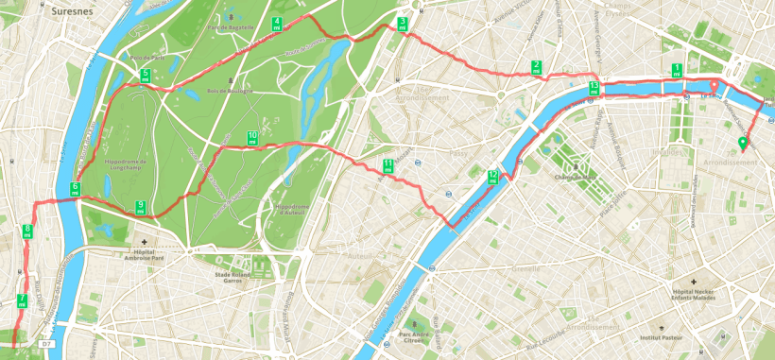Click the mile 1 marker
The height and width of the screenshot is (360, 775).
(676, 70)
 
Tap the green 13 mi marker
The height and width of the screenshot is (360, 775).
(593, 89)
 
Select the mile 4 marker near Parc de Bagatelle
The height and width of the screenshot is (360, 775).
(276, 25)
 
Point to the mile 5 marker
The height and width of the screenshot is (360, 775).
(145, 76)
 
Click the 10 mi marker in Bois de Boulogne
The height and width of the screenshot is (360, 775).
(251, 139)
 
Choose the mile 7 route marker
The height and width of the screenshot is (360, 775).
(21, 302)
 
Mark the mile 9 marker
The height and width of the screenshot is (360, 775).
(141, 208)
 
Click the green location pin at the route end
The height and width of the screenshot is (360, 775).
(743, 145)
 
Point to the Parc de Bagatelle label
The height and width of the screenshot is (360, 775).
(231, 26)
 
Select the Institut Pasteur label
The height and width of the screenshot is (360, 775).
(662, 337)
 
